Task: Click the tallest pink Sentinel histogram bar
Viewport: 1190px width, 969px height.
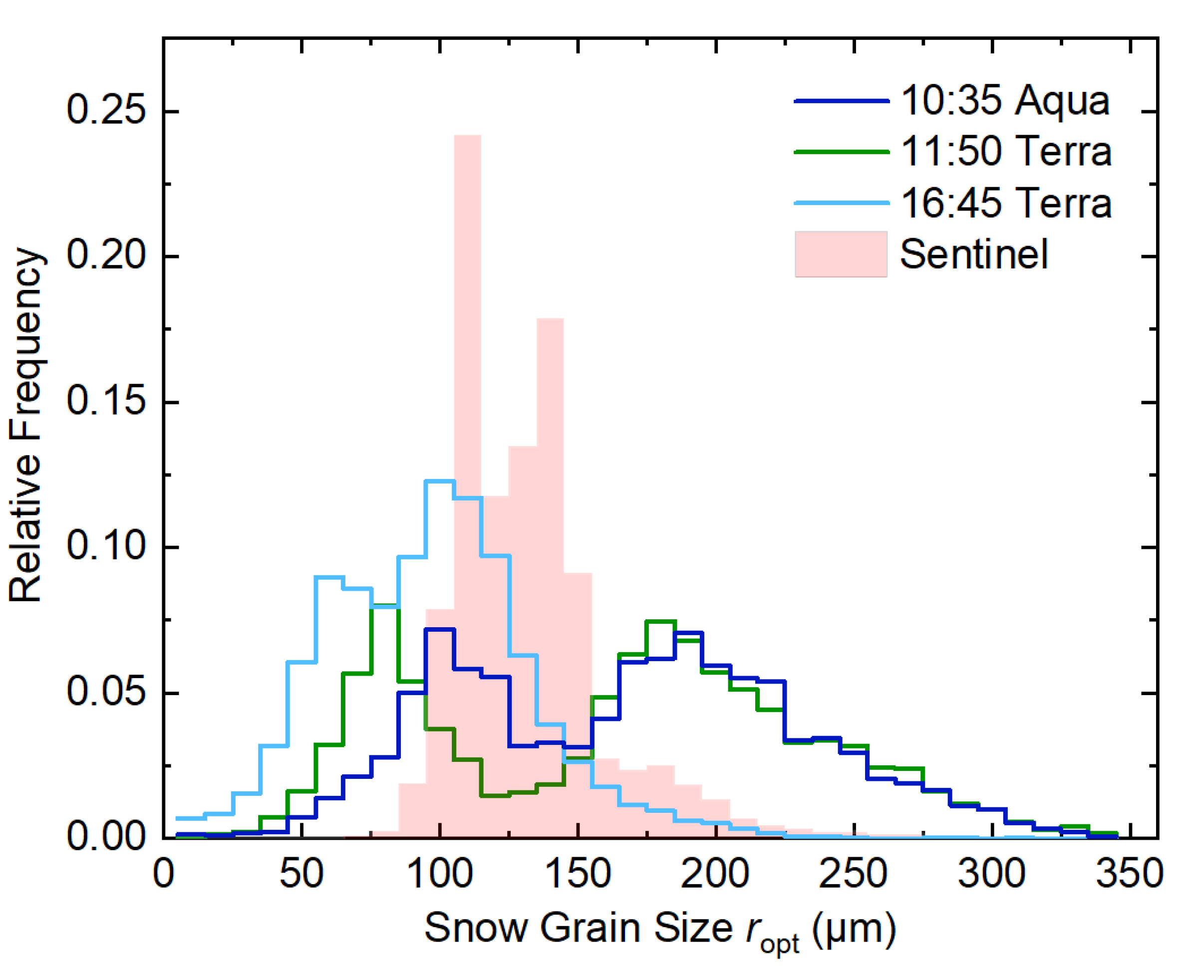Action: (467, 335)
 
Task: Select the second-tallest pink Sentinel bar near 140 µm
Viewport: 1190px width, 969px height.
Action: (550, 447)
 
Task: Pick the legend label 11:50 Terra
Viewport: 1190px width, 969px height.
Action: (1006, 151)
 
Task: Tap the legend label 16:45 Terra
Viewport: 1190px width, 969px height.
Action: (1006, 203)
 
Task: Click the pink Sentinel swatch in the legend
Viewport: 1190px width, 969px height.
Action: (841, 254)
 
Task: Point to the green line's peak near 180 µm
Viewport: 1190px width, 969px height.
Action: (660, 621)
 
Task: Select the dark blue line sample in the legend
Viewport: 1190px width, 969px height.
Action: (841, 101)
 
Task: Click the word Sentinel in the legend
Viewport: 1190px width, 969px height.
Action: (973, 254)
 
